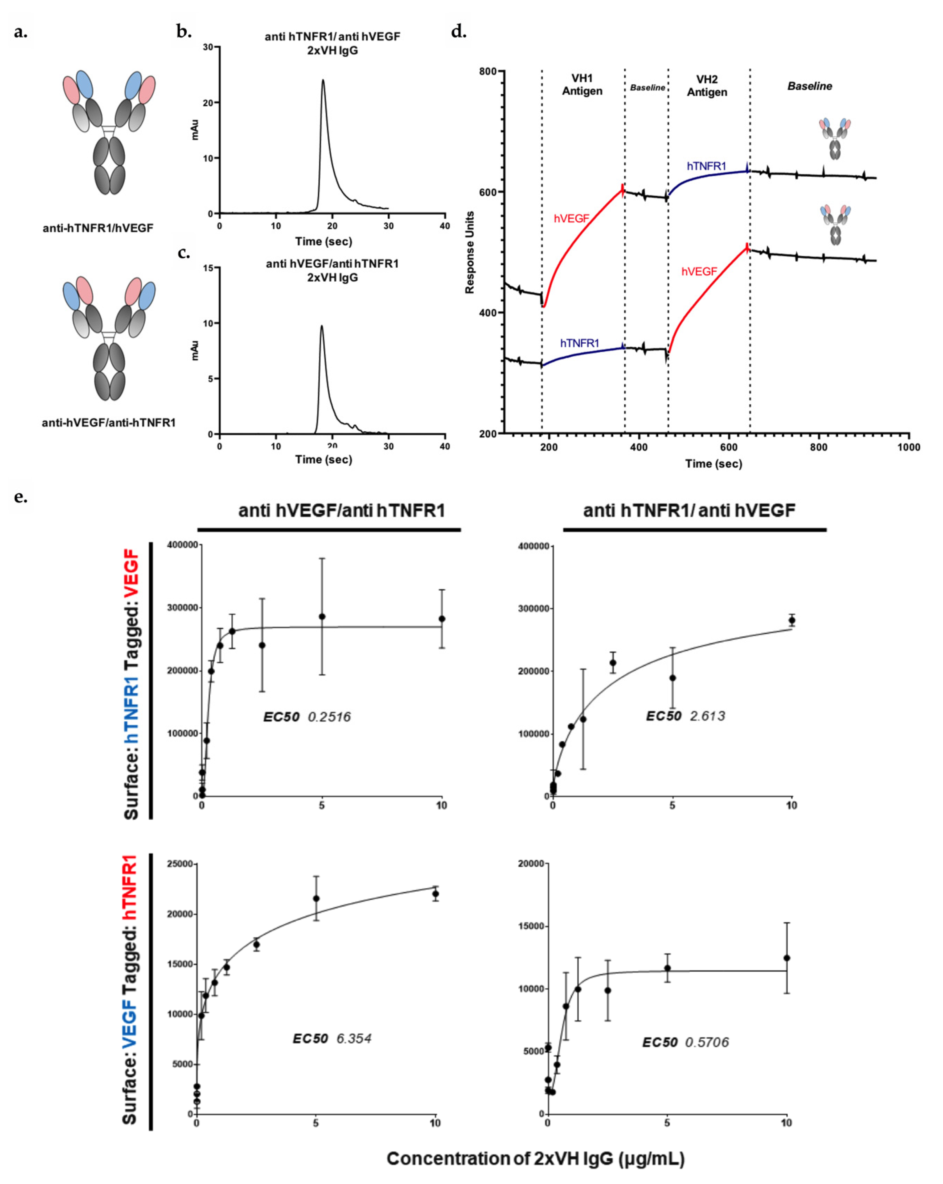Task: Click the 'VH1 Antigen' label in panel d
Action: [582, 85]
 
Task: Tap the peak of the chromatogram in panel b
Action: [323, 80]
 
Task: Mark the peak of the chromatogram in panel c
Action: [322, 326]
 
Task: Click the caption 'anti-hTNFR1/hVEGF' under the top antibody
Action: [98, 228]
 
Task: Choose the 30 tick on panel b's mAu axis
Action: [208, 47]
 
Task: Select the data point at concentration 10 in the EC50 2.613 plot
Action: [791, 620]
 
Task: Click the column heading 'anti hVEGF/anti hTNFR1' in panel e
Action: [341, 511]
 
